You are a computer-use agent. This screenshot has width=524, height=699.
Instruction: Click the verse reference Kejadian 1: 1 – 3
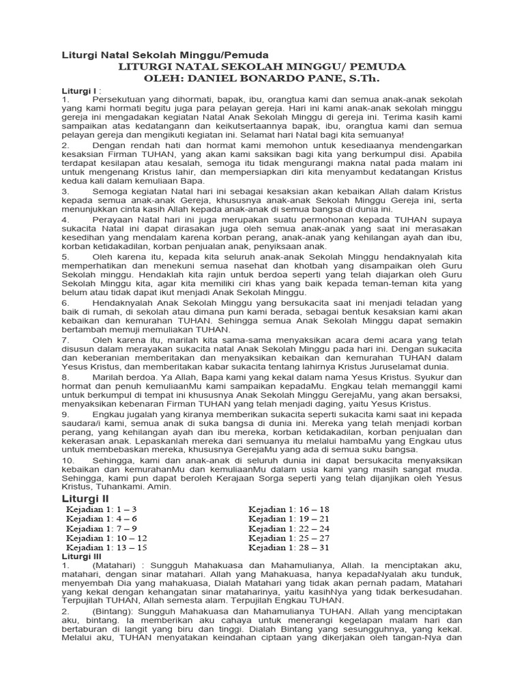click(102, 509)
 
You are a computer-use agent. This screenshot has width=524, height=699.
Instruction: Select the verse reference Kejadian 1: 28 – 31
click(289, 547)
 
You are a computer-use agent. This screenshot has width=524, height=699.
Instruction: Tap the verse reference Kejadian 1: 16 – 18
click(289, 509)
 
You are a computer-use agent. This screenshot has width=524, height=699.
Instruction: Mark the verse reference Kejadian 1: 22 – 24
click(289, 528)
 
